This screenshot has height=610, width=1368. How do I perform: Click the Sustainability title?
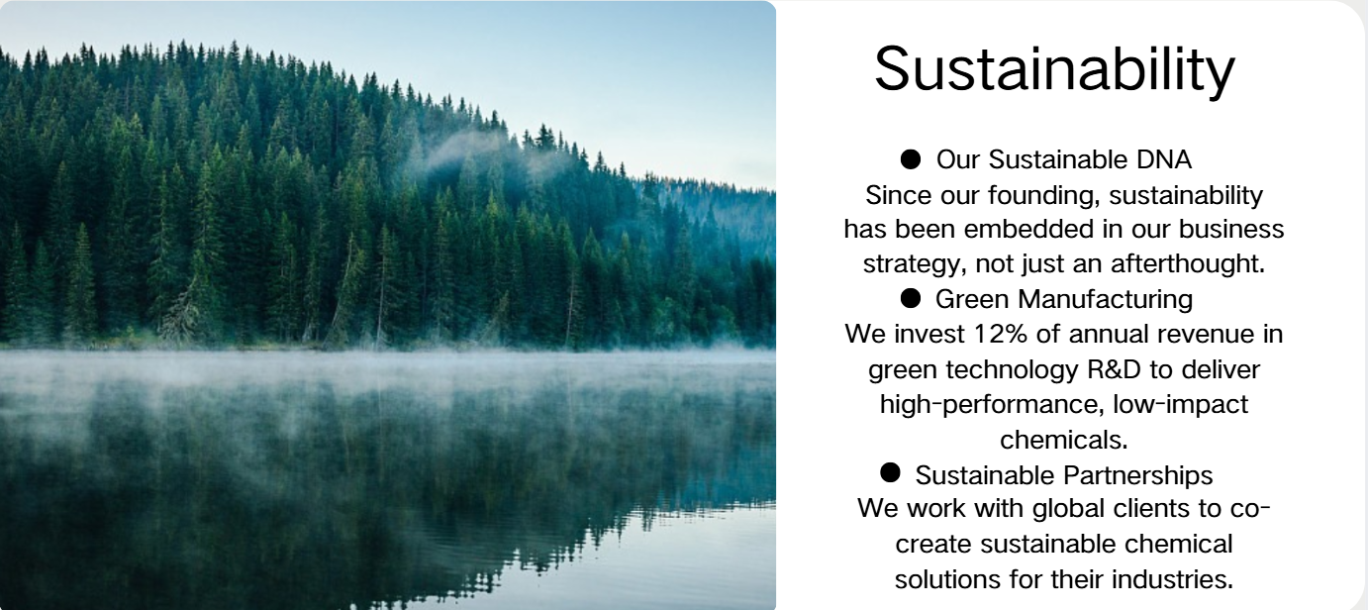[x=1054, y=69]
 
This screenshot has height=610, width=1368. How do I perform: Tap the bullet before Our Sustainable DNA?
[x=910, y=159]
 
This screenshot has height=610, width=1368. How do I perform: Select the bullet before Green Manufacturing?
[x=910, y=298]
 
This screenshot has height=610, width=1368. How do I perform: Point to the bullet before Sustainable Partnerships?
[x=890, y=472]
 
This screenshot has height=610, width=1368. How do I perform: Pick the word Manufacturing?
[x=1105, y=299]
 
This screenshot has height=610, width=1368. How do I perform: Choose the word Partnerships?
[x=1137, y=475]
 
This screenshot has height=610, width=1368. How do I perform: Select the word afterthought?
[x=1186, y=264]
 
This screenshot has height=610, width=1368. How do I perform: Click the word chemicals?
[x=1064, y=440]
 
